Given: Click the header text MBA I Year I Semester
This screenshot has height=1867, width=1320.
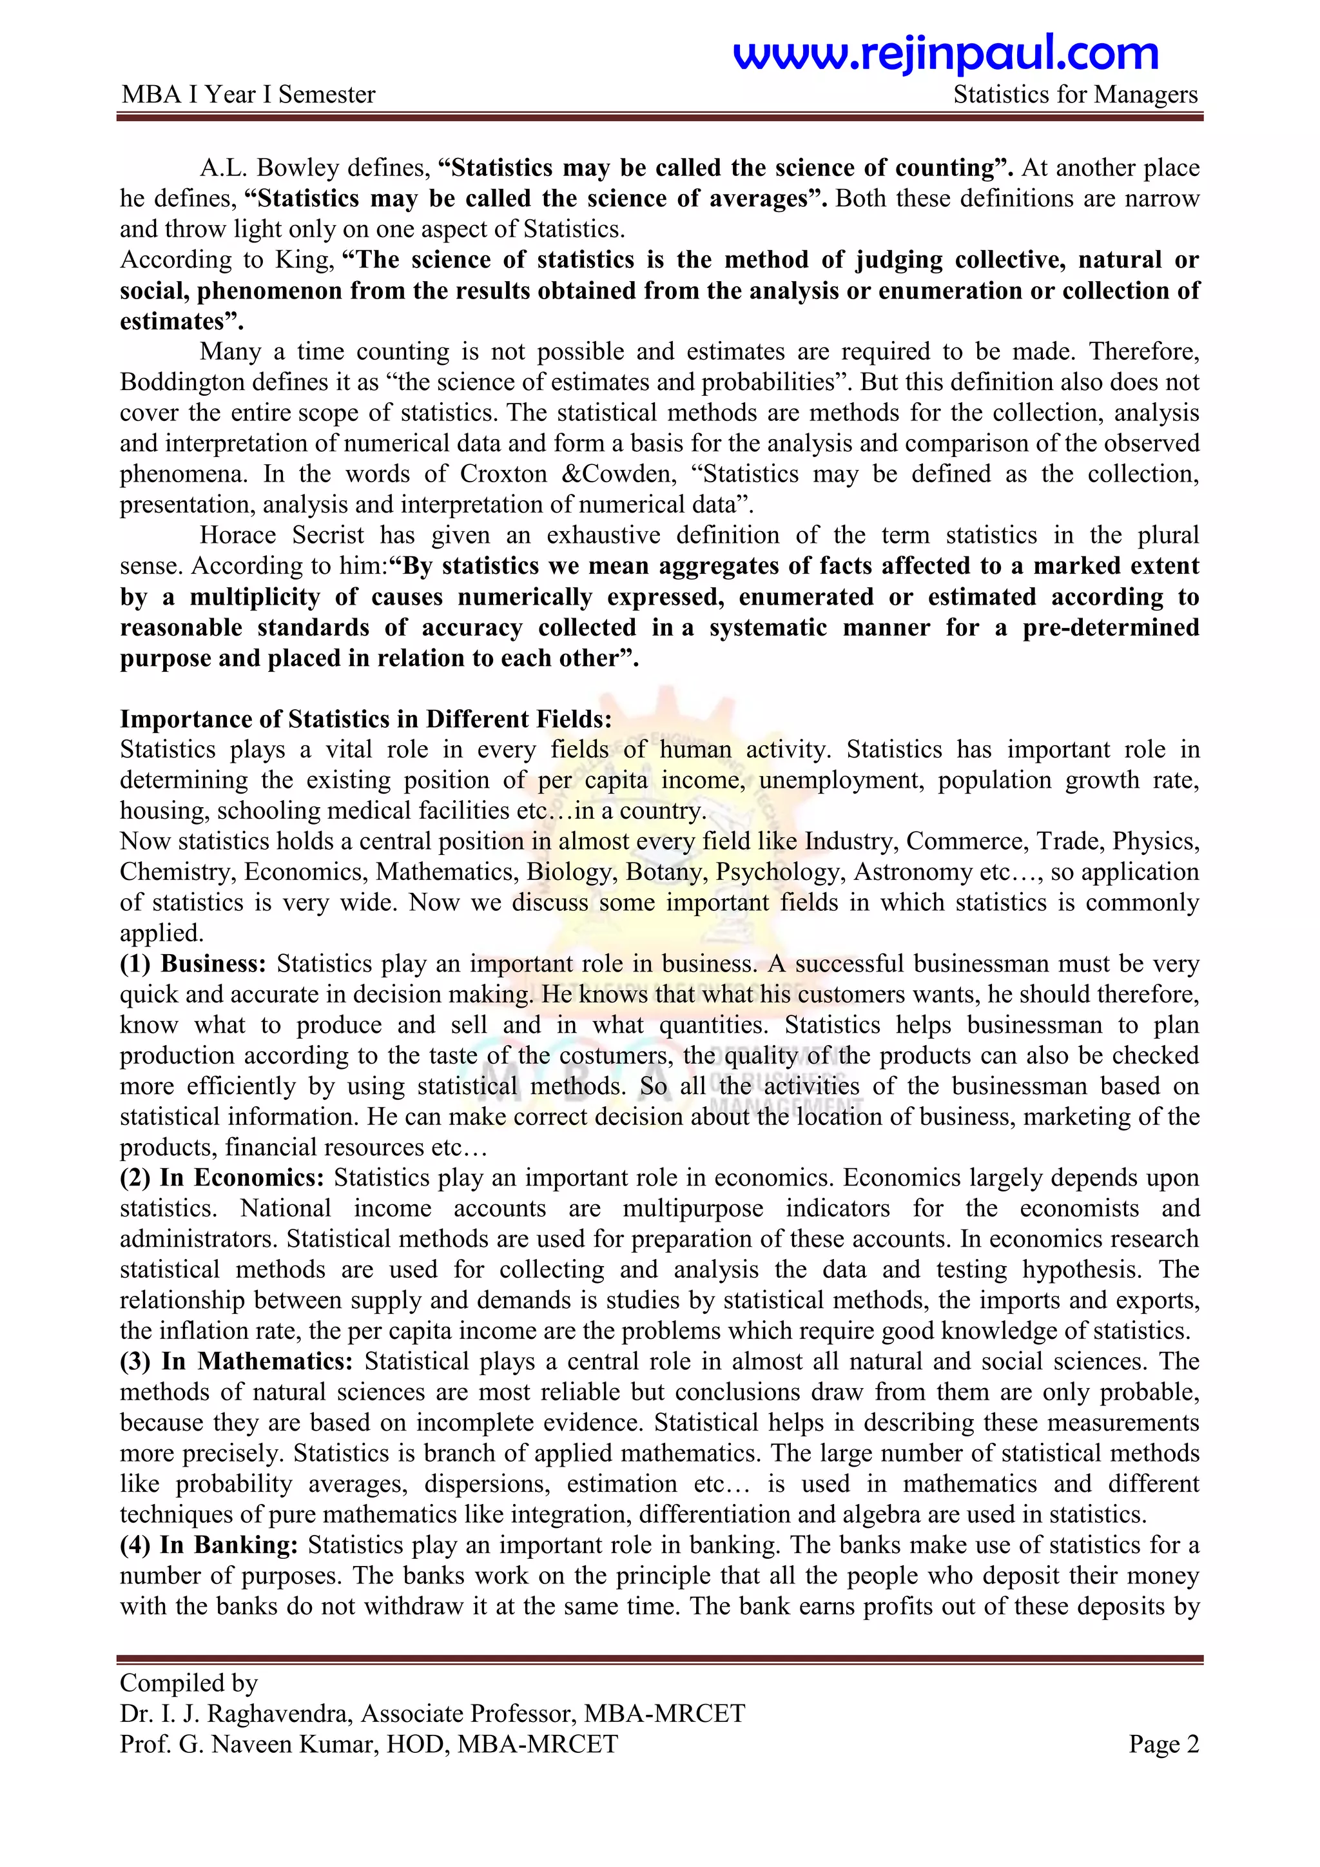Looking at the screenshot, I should click(x=248, y=95).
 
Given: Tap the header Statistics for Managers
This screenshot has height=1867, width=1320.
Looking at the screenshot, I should click(x=1074, y=95).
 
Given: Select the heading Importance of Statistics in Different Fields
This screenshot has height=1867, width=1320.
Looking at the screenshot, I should click(x=365, y=719).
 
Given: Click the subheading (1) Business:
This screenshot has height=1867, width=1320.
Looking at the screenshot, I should click(x=193, y=964).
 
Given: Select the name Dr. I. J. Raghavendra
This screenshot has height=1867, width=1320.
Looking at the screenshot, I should click(x=236, y=1714).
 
